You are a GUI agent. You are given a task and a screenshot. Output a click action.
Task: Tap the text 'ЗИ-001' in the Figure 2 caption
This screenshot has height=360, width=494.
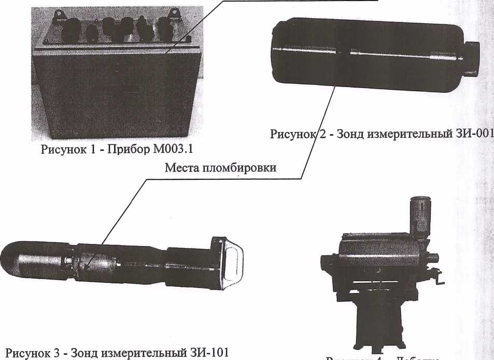(x=470, y=134)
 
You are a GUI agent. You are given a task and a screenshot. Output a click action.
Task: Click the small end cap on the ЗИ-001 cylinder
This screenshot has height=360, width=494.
(x=472, y=57)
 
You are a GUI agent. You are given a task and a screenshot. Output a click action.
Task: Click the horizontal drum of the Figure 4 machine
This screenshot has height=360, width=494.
(x=378, y=254)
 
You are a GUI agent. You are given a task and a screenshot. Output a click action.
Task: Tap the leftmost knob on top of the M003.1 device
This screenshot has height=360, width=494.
(x=71, y=30)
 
